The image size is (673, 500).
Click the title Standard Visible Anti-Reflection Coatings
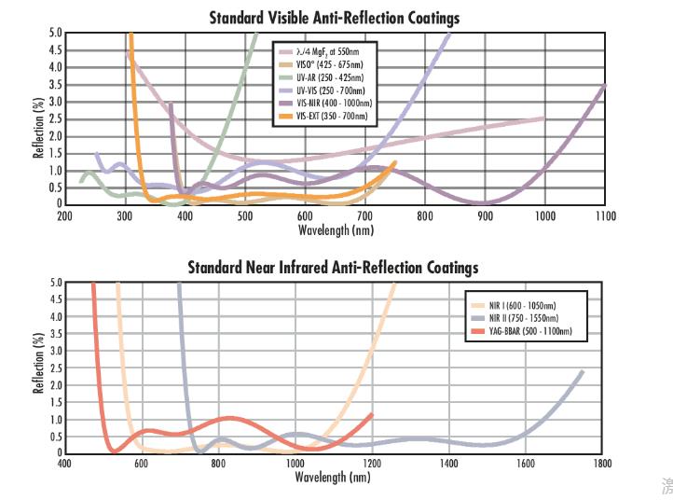(334, 18)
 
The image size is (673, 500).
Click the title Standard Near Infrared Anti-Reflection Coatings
(333, 268)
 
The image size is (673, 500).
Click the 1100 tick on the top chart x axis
(605, 215)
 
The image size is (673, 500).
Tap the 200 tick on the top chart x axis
(65, 215)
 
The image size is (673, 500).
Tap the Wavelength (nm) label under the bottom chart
(333, 478)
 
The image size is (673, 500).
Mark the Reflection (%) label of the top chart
(39, 118)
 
